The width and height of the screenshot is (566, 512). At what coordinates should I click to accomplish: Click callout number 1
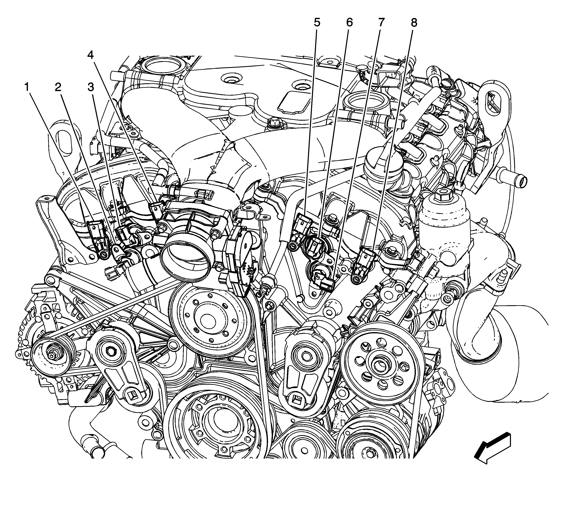pos(27,87)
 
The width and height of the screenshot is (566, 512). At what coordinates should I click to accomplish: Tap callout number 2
pos(58,87)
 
